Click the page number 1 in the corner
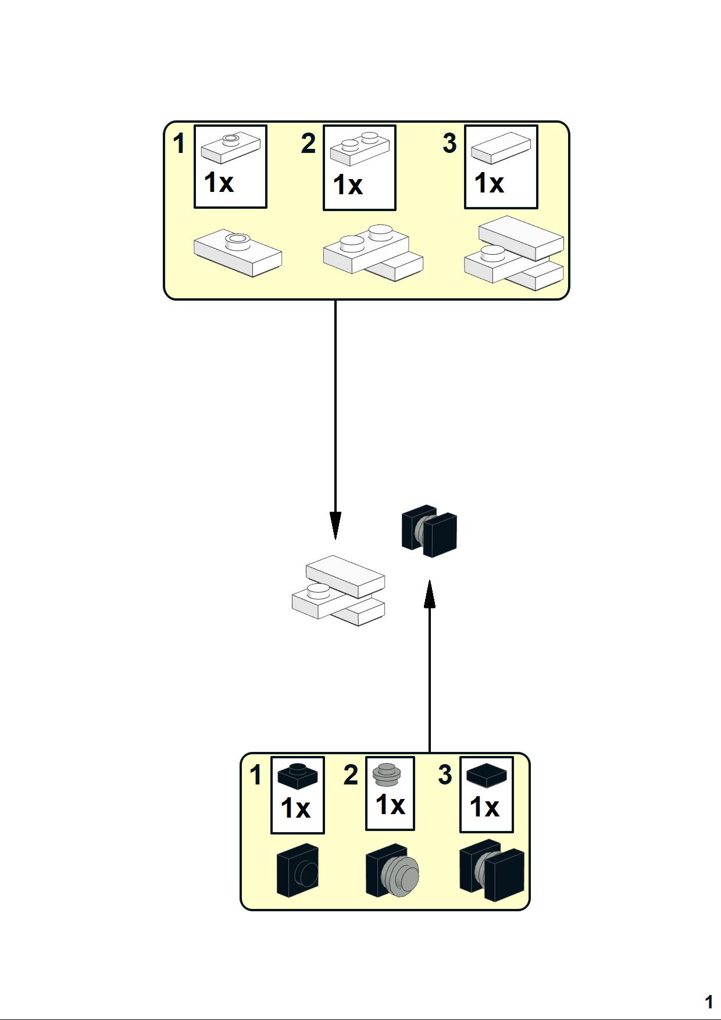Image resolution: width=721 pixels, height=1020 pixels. point(708,1001)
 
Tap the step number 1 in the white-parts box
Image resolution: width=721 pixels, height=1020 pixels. point(179,144)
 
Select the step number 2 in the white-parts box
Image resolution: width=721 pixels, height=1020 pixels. point(308,144)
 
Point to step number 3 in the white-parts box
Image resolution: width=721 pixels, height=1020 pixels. point(449,144)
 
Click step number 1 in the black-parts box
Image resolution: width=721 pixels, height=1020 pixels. point(256,775)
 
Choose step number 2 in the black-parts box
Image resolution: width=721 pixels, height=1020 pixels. point(351,775)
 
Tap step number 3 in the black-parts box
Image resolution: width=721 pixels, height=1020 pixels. point(445,775)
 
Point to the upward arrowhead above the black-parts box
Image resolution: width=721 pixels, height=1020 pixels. point(430,594)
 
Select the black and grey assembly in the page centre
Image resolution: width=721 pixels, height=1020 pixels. point(430,530)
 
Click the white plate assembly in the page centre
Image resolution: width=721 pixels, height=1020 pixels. point(338,590)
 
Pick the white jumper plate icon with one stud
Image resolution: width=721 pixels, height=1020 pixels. point(230,148)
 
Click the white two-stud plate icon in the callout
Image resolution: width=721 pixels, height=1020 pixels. point(360,148)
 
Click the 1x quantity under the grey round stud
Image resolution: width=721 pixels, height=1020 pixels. point(390,805)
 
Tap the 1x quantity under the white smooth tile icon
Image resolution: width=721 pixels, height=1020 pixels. point(489,183)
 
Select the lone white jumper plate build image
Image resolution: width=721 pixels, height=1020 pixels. point(238,252)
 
